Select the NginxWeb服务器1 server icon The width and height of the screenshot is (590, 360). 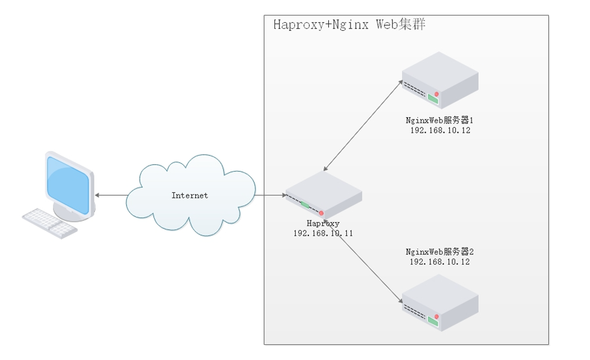coord(439,79)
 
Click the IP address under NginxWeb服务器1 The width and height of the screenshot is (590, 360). coord(439,130)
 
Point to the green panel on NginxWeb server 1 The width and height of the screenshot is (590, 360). coord(433,97)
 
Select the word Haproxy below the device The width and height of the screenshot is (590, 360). coord(323,223)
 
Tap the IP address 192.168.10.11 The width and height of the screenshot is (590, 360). coord(323,233)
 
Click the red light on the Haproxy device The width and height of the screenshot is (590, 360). coord(321,213)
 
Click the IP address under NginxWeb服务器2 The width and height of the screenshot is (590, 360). coord(439,262)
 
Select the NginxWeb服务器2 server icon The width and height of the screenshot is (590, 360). coord(439,302)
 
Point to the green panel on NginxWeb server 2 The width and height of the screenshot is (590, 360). coord(433,320)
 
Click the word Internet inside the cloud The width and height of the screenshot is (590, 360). coord(189,195)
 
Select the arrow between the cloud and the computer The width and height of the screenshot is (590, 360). coord(110,195)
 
